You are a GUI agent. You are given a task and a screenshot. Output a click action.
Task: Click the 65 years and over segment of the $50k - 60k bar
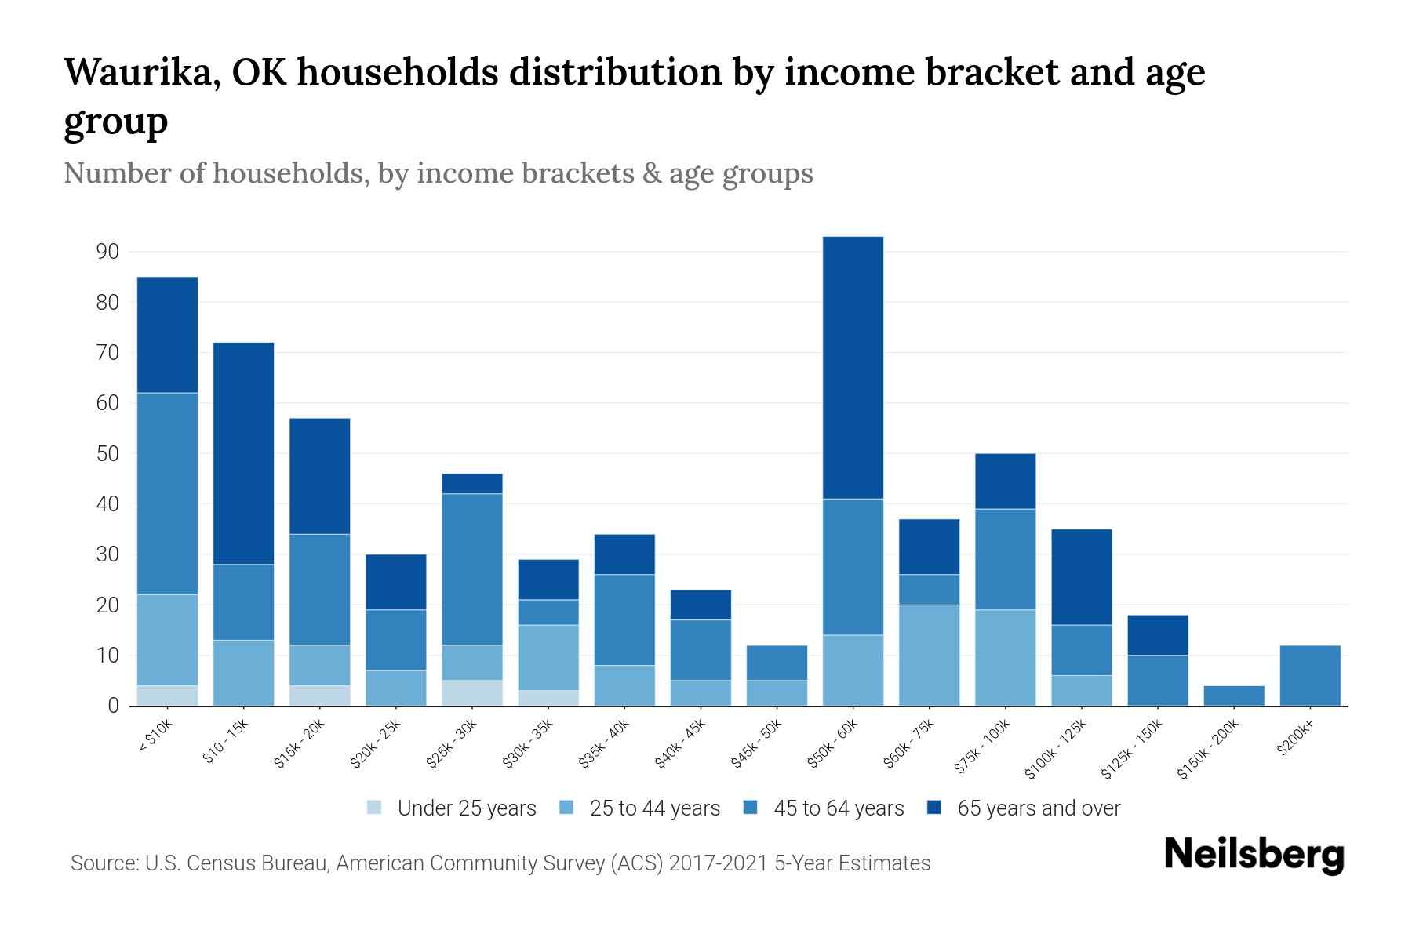pos(853,368)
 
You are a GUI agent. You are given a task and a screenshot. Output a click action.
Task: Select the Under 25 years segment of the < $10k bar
pos(167,696)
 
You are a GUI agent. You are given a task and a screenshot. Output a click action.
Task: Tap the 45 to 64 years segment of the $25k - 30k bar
pos(472,569)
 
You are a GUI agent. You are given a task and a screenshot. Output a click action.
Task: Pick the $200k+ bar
pos(1310,675)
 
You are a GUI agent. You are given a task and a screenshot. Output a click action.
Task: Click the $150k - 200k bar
pos(1234,696)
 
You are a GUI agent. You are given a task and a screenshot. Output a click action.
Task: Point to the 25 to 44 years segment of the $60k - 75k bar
pos(929,655)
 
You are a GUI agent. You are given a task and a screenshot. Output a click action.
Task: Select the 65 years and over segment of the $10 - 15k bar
pos(243,453)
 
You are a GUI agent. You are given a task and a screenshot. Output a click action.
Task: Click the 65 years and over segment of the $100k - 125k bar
pos(1082,577)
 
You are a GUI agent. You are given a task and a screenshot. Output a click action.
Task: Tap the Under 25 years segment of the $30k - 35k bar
pos(548,698)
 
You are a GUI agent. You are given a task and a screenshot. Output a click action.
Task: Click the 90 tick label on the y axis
pos(107,252)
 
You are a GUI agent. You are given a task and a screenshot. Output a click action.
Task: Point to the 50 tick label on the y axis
pos(107,454)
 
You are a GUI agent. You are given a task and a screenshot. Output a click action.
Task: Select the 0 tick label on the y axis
pos(113,706)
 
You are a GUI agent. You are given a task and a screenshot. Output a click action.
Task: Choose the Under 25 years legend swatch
pos(375,808)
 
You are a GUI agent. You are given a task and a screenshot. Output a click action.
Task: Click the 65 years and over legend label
pos(1039,808)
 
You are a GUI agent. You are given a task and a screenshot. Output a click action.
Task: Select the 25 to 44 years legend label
pos(654,808)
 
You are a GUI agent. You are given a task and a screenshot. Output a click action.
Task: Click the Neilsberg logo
pos(1254,854)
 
